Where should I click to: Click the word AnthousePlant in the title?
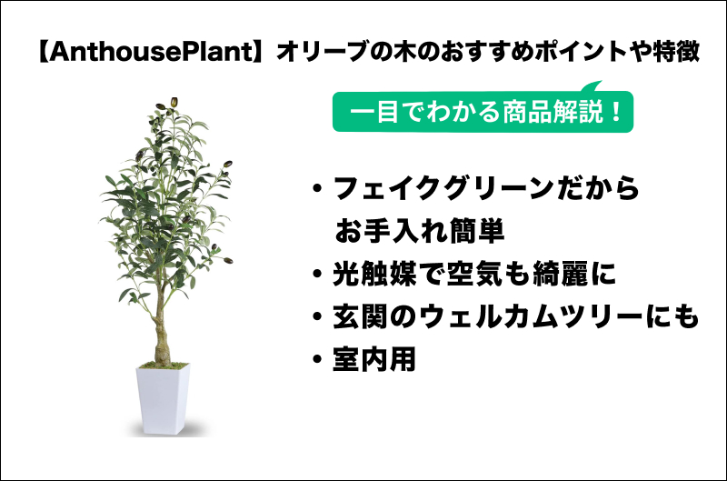(151, 52)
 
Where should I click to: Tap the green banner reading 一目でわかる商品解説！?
(483, 111)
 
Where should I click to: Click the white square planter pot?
(163, 400)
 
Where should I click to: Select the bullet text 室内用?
(373, 359)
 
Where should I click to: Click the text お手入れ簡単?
(419, 231)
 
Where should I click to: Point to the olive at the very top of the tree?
(174, 102)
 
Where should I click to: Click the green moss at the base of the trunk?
(164, 366)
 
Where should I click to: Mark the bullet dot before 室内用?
(317, 359)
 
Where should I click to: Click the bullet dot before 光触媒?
(317, 274)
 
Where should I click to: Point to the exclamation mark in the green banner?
(616, 112)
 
